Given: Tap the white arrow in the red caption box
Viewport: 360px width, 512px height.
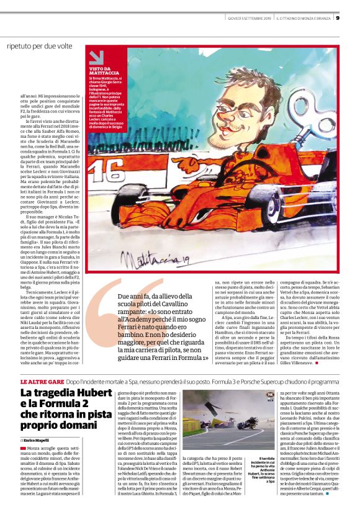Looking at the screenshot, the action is [x=97, y=58].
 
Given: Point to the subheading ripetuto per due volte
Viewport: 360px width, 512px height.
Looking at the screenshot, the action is [x=40, y=46].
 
